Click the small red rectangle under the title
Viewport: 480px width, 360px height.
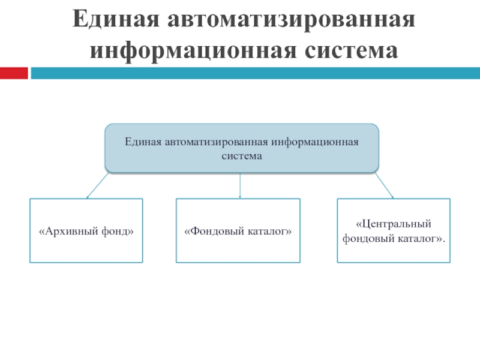[13, 73]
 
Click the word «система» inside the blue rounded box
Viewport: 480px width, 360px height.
[241, 156]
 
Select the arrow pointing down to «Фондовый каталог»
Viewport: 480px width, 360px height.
[240, 185]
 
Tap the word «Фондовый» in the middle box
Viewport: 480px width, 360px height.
[211, 231]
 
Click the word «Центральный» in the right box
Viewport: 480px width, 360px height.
[394, 224]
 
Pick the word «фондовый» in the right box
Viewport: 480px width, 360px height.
[367, 238]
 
